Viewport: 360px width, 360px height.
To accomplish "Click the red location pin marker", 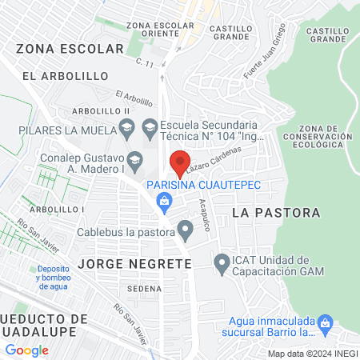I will click(179, 163).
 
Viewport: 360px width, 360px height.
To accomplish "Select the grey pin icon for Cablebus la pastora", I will click(186, 233).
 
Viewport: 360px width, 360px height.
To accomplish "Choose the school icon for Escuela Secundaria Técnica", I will click(149, 126).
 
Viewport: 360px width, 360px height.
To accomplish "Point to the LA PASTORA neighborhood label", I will click(276, 213).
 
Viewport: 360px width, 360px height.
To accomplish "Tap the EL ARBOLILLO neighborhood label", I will click(66, 75).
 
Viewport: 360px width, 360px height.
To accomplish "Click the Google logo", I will click(26, 350).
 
